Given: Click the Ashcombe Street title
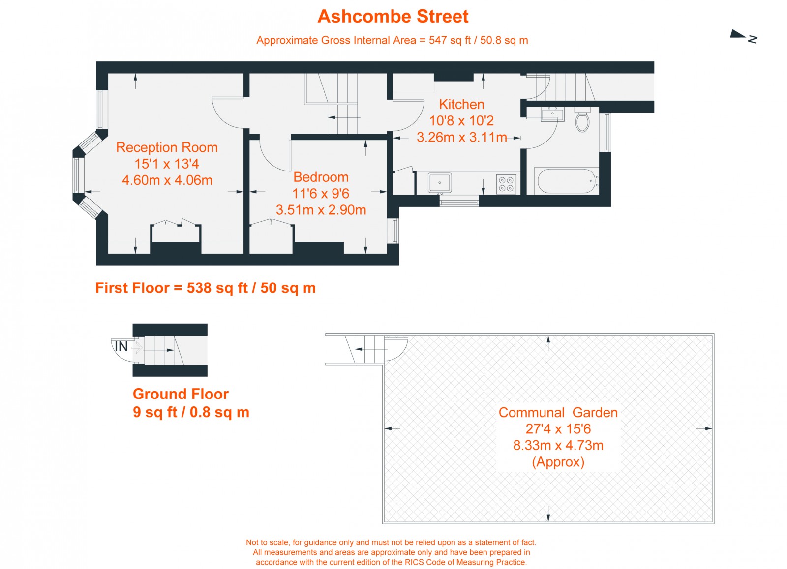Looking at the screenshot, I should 393,17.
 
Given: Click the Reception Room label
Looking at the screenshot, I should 167,147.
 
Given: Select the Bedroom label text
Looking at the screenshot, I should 321,177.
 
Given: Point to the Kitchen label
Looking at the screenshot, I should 461,104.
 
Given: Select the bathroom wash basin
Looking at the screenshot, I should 552,115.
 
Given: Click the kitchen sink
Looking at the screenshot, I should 440,183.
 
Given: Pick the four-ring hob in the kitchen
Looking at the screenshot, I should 506,184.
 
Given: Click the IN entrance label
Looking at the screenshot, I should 121,347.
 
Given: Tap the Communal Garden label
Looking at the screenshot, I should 558,413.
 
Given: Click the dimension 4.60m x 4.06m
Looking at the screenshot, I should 167,180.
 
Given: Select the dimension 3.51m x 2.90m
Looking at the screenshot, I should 321,210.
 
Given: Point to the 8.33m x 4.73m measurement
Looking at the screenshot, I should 558,446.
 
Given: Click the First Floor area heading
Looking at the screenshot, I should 205,288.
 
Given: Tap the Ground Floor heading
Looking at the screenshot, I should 181,394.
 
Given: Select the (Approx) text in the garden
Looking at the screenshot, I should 558,462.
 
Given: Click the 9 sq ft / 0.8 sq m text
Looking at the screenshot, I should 191,412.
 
